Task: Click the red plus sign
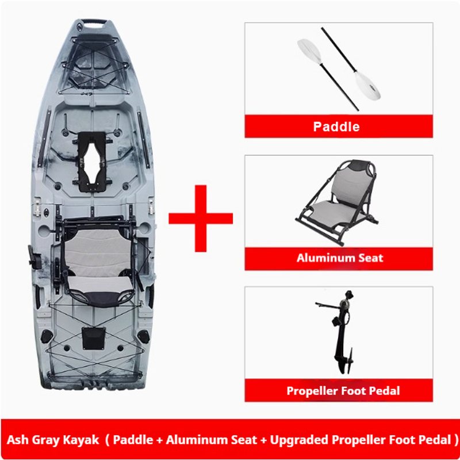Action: pyautogui.click(x=201, y=218)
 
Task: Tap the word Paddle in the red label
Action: pyautogui.click(x=336, y=126)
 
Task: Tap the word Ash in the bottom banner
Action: pyautogui.click(x=17, y=440)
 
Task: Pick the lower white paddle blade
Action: pyautogui.click(x=368, y=85)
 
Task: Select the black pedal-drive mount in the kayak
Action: pyautogui.click(x=93, y=161)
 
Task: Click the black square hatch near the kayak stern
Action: pyautogui.click(x=94, y=339)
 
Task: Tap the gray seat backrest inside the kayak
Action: pyautogui.click(x=98, y=252)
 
